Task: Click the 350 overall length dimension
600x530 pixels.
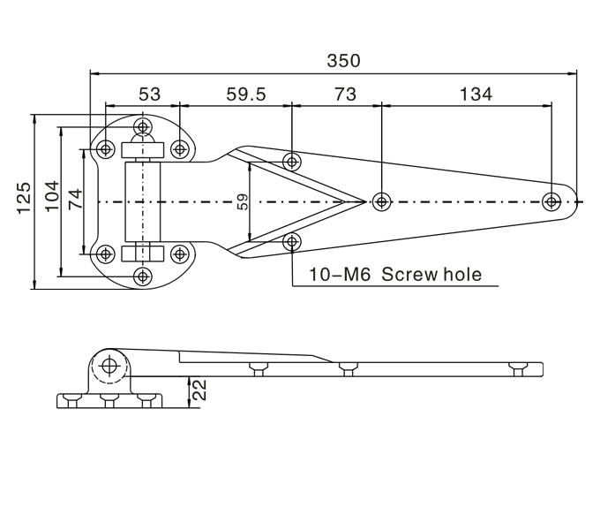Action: coord(343,61)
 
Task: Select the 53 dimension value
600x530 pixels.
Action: coord(149,95)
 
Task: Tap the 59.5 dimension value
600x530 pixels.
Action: coord(245,95)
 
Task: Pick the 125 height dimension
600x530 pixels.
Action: coord(25,199)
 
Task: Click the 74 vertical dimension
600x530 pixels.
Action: coord(75,199)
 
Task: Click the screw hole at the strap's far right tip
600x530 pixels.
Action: coord(551,201)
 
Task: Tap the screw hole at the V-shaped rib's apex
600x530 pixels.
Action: coord(381,201)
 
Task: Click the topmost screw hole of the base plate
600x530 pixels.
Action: coord(142,126)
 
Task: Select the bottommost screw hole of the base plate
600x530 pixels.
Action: coord(142,276)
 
